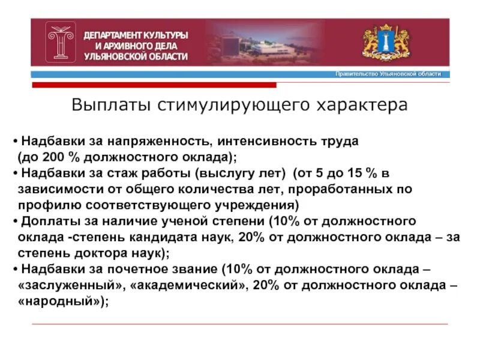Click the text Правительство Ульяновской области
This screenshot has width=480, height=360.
coord(388,74)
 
